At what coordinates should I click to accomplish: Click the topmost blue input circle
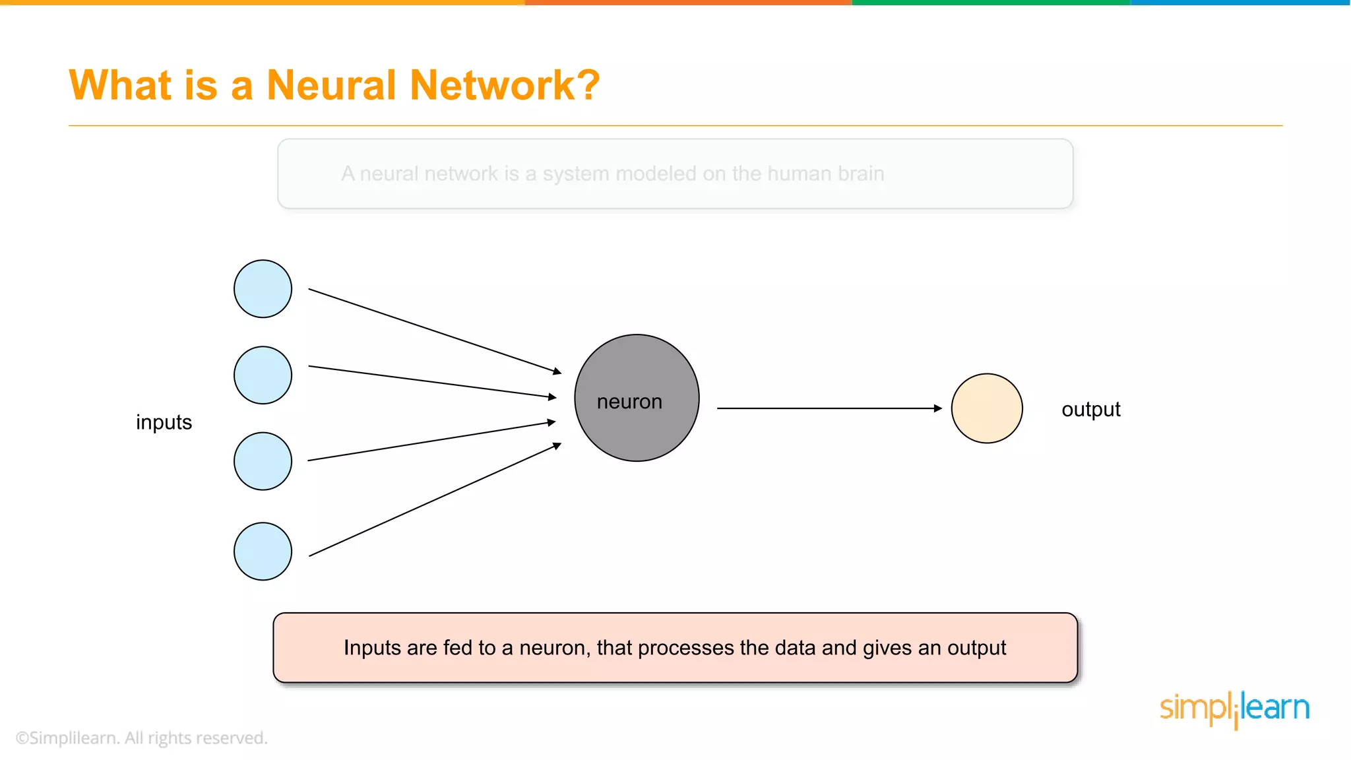pyautogui.click(x=263, y=289)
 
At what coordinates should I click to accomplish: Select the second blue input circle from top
pyautogui.click(x=263, y=375)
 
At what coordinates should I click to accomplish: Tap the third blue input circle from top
pyautogui.click(x=263, y=461)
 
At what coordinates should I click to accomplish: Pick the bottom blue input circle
pyautogui.click(x=263, y=552)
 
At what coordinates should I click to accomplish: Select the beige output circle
pyautogui.click(x=987, y=408)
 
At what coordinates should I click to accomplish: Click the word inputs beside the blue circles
pyautogui.click(x=164, y=422)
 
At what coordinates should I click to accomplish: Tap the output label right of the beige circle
pyautogui.click(x=1090, y=410)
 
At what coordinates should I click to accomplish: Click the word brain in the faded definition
pyautogui.click(x=861, y=174)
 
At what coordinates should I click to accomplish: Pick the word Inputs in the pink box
pyautogui.click(x=372, y=648)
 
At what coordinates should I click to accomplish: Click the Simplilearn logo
pyautogui.click(x=1234, y=709)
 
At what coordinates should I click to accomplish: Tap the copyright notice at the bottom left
pyautogui.click(x=141, y=738)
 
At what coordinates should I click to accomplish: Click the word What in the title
pyautogui.click(x=120, y=85)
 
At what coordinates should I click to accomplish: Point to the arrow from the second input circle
pyautogui.click(x=432, y=382)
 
